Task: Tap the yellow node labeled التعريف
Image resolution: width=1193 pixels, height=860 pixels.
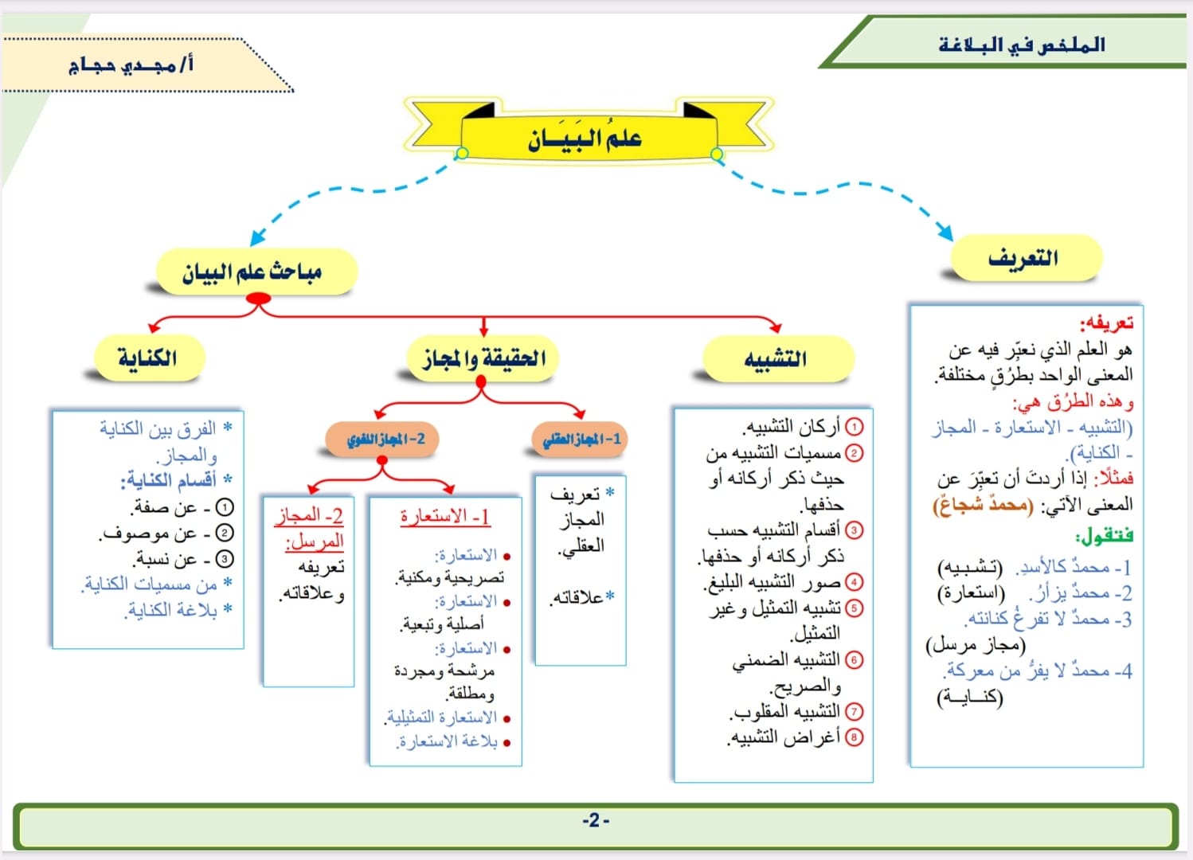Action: click(1023, 258)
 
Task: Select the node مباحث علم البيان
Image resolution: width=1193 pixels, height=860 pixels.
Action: click(252, 272)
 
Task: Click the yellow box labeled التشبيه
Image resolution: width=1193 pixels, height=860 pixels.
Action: click(776, 359)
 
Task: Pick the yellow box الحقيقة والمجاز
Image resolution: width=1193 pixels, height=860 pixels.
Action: click(483, 359)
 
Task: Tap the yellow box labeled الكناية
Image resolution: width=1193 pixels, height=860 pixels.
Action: click(147, 358)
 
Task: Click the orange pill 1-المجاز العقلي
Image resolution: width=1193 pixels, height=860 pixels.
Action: click(581, 439)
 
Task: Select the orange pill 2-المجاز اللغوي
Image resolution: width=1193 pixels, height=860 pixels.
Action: click(385, 439)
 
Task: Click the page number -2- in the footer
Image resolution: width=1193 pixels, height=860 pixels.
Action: click(596, 821)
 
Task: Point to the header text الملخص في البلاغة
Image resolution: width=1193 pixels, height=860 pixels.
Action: click(1022, 45)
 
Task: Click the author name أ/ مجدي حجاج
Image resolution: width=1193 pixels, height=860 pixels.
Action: click(131, 64)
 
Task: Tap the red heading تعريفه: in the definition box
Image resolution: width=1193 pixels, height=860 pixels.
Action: click(1106, 323)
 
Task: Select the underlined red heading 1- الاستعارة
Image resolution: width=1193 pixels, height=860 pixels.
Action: click(445, 516)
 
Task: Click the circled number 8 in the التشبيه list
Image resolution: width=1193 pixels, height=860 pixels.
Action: click(854, 737)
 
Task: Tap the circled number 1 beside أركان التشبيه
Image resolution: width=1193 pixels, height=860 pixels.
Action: click(854, 428)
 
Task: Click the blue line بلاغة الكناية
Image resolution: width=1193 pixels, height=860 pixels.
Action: click(172, 610)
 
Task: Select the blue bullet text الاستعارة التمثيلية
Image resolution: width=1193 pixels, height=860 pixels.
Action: click(442, 717)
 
